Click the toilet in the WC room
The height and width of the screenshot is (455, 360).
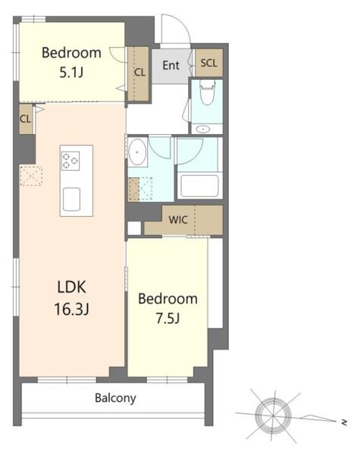click(x=207, y=92)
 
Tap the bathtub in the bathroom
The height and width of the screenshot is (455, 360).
click(x=199, y=186)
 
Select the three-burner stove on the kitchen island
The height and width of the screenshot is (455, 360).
click(x=70, y=161)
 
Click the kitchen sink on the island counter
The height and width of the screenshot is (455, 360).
click(x=71, y=199)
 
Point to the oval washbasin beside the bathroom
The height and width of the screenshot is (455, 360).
click(x=137, y=152)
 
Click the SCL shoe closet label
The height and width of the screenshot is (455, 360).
click(x=209, y=63)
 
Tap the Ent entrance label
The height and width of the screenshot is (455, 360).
click(x=171, y=65)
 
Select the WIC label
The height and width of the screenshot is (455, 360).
click(x=178, y=220)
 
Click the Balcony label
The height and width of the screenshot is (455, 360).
click(x=115, y=398)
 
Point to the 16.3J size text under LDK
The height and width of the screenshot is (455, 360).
click(x=72, y=309)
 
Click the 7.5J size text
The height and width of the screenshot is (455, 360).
click(x=167, y=318)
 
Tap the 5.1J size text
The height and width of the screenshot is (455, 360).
click(x=71, y=72)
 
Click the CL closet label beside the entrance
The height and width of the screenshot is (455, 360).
click(x=139, y=72)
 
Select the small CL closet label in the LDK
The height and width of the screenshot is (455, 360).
click(x=26, y=119)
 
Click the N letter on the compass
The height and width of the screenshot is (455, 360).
click(x=344, y=422)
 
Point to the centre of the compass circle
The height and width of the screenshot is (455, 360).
click(x=273, y=416)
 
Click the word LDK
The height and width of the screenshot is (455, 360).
click(x=72, y=287)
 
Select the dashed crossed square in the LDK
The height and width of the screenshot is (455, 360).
click(x=31, y=176)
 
